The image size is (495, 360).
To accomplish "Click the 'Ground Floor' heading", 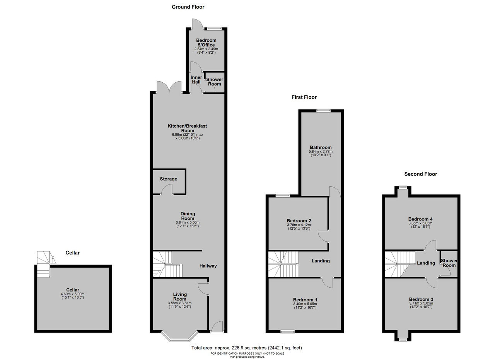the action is (x=188, y=7).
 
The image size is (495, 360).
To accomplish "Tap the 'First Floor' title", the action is (x=304, y=97).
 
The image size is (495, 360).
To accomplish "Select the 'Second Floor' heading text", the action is (x=420, y=174).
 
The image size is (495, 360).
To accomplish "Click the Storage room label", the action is (x=168, y=179).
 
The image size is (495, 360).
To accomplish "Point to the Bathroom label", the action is (x=321, y=147).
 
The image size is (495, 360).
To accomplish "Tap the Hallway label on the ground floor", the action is (x=208, y=266).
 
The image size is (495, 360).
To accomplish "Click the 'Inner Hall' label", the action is (x=196, y=80).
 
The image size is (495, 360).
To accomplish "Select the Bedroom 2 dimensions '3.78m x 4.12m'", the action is (x=299, y=225).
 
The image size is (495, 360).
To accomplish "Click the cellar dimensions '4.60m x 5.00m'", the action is (x=72, y=294).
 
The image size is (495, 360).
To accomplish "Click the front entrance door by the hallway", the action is (x=217, y=327).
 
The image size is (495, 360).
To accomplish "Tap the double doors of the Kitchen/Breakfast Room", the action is (x=169, y=87).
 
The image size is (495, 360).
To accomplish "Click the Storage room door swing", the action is (x=167, y=189).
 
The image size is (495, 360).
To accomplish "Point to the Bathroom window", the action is (x=323, y=110).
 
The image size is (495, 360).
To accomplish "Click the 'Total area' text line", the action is (x=246, y=348).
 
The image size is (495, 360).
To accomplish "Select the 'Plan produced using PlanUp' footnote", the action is (x=247, y=357).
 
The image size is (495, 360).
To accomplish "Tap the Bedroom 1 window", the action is (x=287, y=331).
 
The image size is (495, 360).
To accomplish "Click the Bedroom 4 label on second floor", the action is (x=420, y=219).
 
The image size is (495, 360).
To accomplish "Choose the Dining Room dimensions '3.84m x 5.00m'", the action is (x=188, y=223).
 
